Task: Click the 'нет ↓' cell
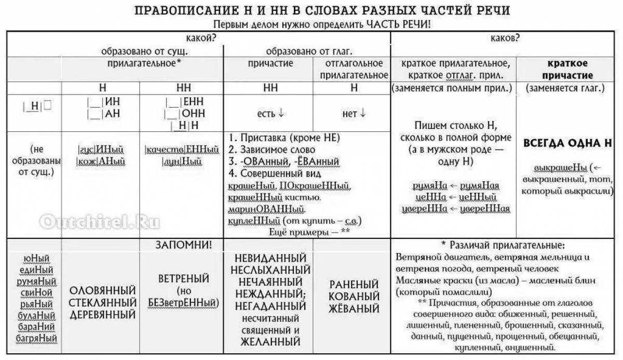point(353,113)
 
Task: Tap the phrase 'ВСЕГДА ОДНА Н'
point(567,143)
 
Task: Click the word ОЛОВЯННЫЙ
point(102,290)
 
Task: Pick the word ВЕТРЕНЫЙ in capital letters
point(183,278)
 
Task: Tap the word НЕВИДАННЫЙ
point(268,258)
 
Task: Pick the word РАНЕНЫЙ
point(353,285)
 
